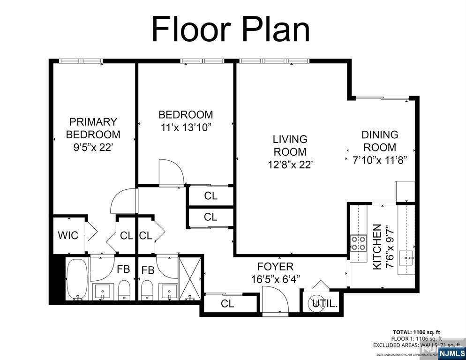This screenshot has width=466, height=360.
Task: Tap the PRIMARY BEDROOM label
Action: pos(93,128)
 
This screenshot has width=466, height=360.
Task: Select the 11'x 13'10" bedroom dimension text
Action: pos(186,127)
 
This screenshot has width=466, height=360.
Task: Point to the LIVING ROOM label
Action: pos(290,145)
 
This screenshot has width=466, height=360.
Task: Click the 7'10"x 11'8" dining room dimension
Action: pos(379,159)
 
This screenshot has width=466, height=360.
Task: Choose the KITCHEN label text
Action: pos(376,247)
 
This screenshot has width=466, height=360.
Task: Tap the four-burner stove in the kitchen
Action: pos(359,243)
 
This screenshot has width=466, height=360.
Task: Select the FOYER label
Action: pos(275,267)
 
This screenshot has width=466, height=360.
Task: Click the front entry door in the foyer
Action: pos(275,300)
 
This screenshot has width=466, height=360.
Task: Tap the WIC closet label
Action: pos(68,235)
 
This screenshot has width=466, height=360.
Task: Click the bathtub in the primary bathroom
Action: pos(76,279)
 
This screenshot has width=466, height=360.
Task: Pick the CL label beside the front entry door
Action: pos(227,304)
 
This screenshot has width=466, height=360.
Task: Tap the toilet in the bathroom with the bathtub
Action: pos(124,291)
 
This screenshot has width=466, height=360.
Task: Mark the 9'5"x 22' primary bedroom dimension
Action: pos(93,147)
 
